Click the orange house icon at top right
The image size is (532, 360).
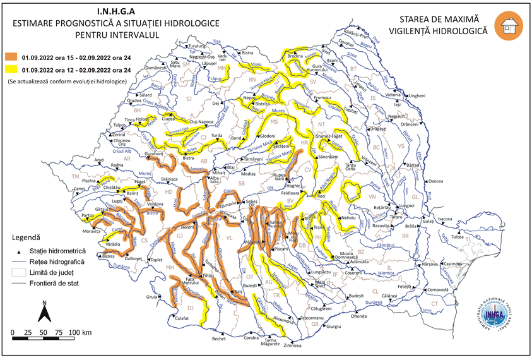point(508,26)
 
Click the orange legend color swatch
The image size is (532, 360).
point(11,57)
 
